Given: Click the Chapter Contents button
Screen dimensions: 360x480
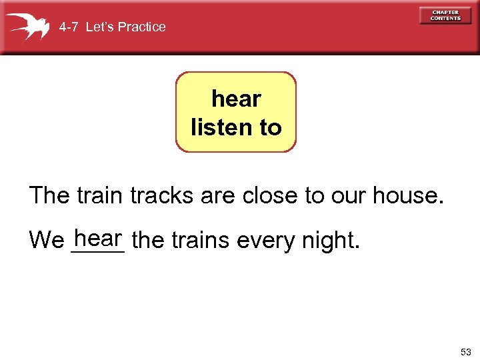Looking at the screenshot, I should coord(445,15).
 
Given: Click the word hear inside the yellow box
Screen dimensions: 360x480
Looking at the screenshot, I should coord(236,99).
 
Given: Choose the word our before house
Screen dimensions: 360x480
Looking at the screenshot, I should coord(347,197).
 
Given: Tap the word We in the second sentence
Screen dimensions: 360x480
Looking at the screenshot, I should coord(47,240).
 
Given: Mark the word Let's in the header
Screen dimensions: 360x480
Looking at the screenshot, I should coord(102,27).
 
